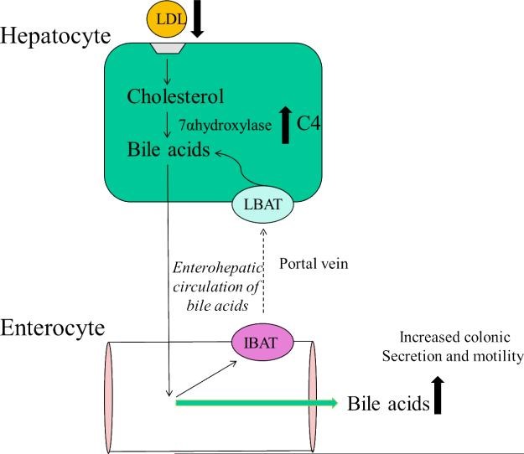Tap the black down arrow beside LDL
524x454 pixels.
198,19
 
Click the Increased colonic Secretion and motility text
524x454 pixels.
450,348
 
